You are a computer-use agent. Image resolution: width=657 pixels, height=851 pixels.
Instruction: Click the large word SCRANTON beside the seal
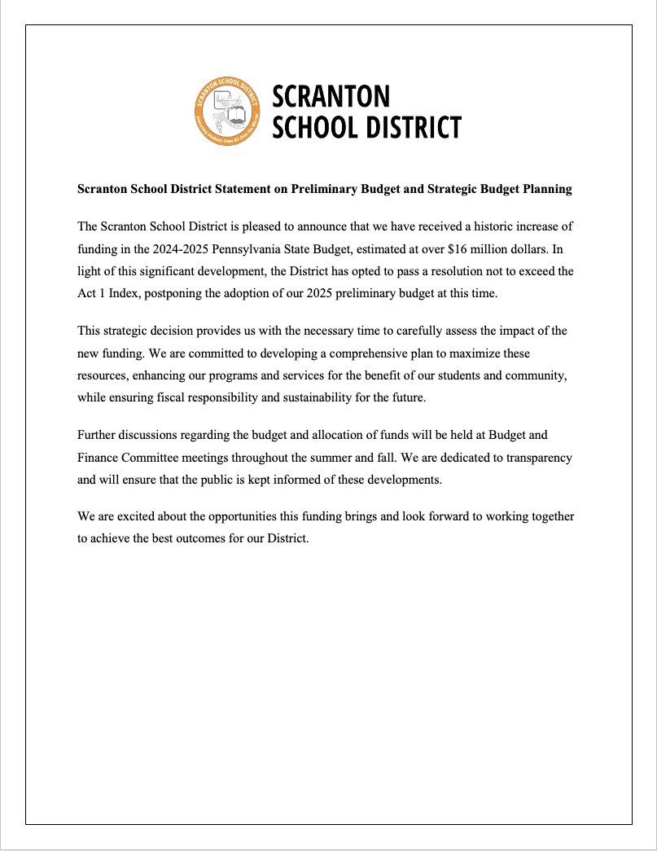pyautogui.click(x=331, y=96)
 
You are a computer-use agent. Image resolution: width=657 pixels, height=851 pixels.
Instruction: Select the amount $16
pyautogui.click(x=455, y=248)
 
